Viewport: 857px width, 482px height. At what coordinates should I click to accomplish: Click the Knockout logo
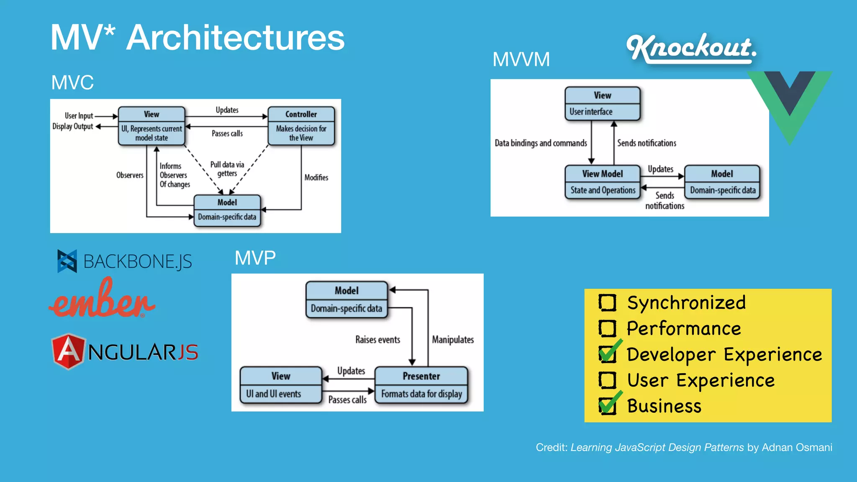tap(691, 48)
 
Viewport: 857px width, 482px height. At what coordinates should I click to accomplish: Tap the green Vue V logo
tap(789, 105)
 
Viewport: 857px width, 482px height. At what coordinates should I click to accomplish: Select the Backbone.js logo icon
tap(67, 261)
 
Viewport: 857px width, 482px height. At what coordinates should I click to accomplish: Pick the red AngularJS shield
tap(69, 351)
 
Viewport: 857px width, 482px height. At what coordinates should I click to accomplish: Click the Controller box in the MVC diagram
tap(301, 126)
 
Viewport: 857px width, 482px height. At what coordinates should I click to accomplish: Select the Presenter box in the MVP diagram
tap(421, 385)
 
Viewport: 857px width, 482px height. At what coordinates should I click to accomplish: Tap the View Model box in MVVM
tap(602, 182)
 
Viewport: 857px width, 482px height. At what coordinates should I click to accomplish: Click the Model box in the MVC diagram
tap(227, 210)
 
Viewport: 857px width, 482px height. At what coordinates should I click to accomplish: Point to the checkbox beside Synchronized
tap(607, 303)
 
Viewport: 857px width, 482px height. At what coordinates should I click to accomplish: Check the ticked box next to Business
tap(608, 405)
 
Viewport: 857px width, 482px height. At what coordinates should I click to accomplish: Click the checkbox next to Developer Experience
tap(608, 354)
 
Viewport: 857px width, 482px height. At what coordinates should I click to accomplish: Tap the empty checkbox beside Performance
tap(607, 328)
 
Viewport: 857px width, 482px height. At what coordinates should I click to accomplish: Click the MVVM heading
tap(521, 59)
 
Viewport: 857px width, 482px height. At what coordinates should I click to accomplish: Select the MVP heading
tap(255, 258)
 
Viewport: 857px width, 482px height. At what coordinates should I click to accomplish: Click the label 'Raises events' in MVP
tap(377, 339)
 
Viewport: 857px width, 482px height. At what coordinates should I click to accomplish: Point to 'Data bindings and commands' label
tap(541, 143)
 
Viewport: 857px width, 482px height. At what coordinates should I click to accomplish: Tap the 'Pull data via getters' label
tap(227, 169)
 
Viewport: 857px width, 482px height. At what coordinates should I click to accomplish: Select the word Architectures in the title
tap(235, 38)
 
